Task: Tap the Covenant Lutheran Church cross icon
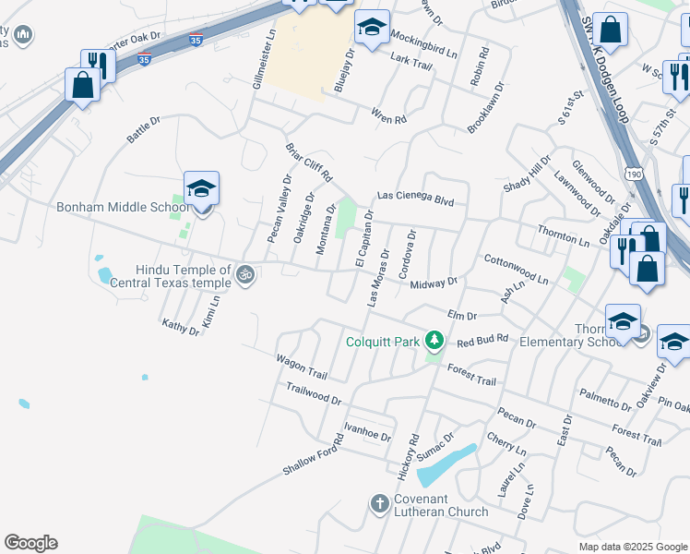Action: pos(379,504)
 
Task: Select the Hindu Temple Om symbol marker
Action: pos(245,274)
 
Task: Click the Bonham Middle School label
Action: pos(122,207)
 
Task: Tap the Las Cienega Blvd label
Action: pos(415,197)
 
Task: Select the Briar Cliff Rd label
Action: pos(308,163)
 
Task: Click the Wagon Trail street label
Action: pos(302,367)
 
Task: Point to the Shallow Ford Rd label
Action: pos(313,453)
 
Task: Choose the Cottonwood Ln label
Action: pos(516,270)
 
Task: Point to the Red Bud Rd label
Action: pos(482,340)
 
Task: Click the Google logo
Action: pos(30,543)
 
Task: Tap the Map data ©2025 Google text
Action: pos(633,547)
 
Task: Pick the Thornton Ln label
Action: pos(563,235)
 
